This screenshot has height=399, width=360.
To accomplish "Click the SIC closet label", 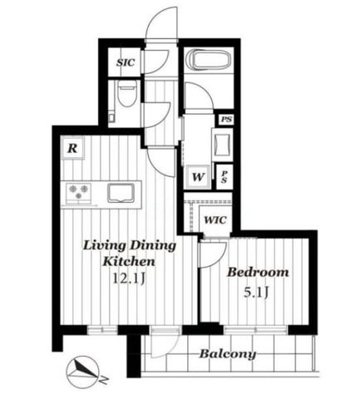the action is tap(126, 62).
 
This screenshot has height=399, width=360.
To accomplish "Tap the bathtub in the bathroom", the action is tap(209, 60).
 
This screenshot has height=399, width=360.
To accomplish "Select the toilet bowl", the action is tap(127, 94).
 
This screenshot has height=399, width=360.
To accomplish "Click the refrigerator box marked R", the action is tap(72, 148).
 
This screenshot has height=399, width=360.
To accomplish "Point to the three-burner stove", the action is tap(78, 192).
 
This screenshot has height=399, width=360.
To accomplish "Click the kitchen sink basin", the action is tap(121, 193).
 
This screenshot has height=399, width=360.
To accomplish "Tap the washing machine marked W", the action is tap(198, 177).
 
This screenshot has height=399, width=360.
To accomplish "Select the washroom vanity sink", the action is tap(222, 145).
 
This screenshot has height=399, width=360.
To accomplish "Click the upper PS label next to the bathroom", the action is tap(226, 120).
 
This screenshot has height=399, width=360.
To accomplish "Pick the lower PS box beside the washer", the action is tap(224, 177).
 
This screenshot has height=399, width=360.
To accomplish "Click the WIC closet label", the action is tap(215, 220).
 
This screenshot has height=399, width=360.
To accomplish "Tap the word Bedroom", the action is tap(258, 273).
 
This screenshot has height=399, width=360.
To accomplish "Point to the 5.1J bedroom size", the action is tap(256, 293).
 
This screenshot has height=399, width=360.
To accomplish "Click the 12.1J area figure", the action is tap(129, 278).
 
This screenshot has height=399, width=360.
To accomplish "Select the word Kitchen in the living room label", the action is tap(129, 261).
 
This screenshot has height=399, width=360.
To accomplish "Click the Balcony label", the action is tap(228, 354).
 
